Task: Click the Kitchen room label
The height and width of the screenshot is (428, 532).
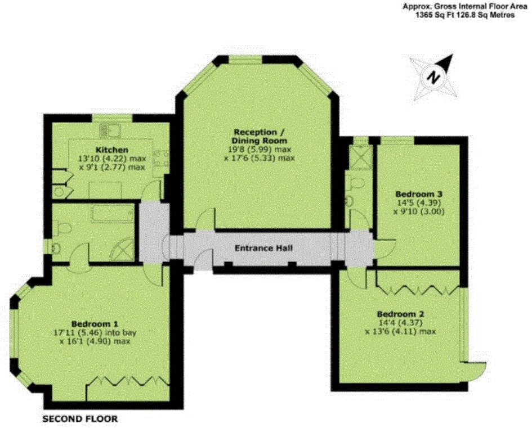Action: point(111,150)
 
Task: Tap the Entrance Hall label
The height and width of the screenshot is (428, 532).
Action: point(263,247)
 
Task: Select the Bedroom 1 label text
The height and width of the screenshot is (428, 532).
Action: point(94,323)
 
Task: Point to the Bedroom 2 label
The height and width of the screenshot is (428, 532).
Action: point(400,314)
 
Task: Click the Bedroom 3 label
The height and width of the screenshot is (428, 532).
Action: point(419,194)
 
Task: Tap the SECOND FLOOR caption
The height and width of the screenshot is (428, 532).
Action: point(80,419)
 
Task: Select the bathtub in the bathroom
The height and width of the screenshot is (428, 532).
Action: point(112,214)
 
